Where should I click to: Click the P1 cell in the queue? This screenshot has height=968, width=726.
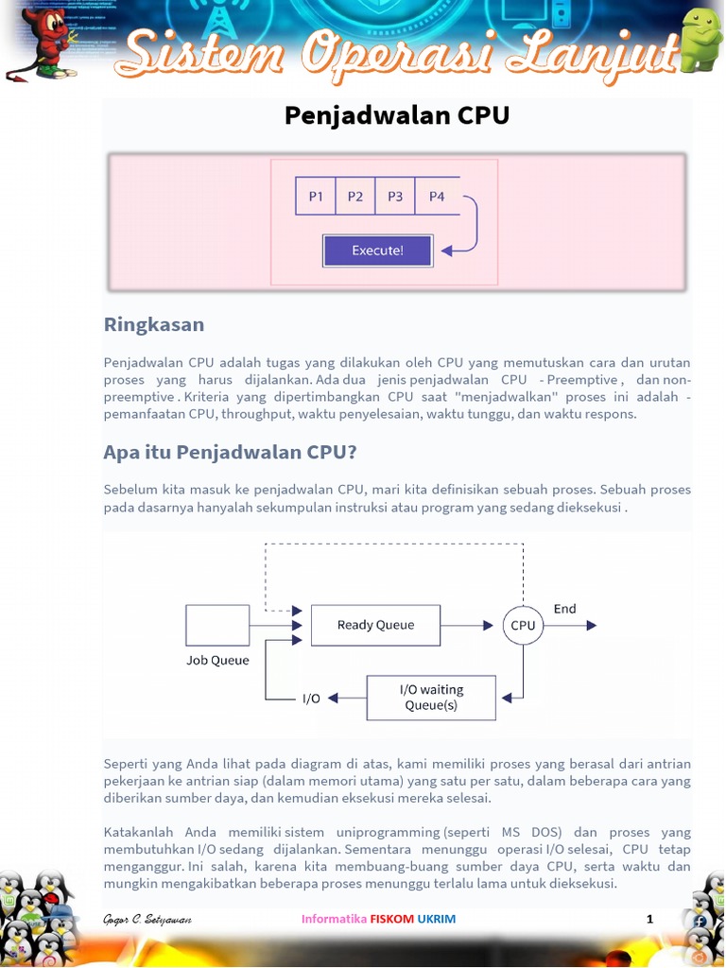tap(316, 197)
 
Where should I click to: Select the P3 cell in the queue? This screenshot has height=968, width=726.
tap(395, 197)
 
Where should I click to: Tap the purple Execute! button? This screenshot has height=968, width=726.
tap(377, 251)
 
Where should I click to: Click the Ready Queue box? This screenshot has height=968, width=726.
tap(375, 625)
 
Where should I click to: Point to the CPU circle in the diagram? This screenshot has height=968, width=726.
tap(523, 625)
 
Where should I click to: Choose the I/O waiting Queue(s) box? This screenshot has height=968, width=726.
tap(431, 698)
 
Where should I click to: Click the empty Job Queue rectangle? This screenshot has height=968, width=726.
tap(217, 625)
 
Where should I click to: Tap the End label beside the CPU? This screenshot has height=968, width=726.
tap(565, 609)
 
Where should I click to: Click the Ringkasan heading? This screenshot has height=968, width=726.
tap(153, 324)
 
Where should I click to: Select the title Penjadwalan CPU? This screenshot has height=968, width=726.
tap(397, 115)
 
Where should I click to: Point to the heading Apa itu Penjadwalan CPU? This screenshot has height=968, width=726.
tap(230, 452)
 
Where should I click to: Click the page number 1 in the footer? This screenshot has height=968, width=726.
tap(649, 919)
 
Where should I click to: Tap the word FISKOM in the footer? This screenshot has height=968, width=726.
tap(391, 919)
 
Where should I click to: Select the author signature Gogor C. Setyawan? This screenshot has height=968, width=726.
tap(147, 919)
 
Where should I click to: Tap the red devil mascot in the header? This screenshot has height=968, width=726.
tap(43, 43)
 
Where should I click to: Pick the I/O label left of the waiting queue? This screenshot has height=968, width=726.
tap(311, 699)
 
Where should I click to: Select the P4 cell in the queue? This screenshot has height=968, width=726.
tap(437, 197)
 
